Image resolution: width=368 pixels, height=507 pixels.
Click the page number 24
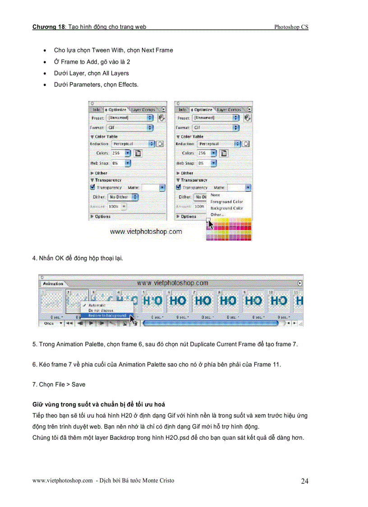point(304,481)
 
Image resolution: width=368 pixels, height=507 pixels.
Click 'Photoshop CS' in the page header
point(291,27)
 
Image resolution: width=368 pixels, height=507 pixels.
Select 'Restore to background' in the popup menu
point(107,316)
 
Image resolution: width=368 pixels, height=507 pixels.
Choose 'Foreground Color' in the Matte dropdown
point(226,202)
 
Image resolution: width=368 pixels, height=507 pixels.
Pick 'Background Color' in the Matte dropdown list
point(226,208)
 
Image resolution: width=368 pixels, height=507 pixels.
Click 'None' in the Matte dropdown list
point(216,195)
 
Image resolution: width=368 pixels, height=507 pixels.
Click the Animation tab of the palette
point(53,284)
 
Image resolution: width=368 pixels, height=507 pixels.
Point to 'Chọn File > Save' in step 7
point(59,384)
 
